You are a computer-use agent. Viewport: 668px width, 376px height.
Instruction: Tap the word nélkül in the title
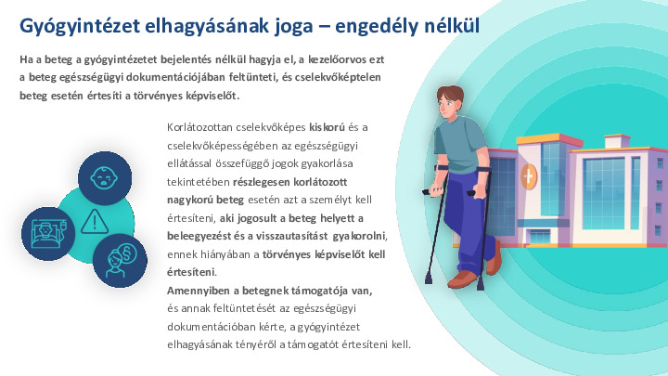tap(448, 24)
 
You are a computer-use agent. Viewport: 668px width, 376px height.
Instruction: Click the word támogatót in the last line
tap(315, 344)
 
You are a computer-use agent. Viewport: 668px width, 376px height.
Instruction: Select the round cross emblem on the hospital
tap(529, 175)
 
